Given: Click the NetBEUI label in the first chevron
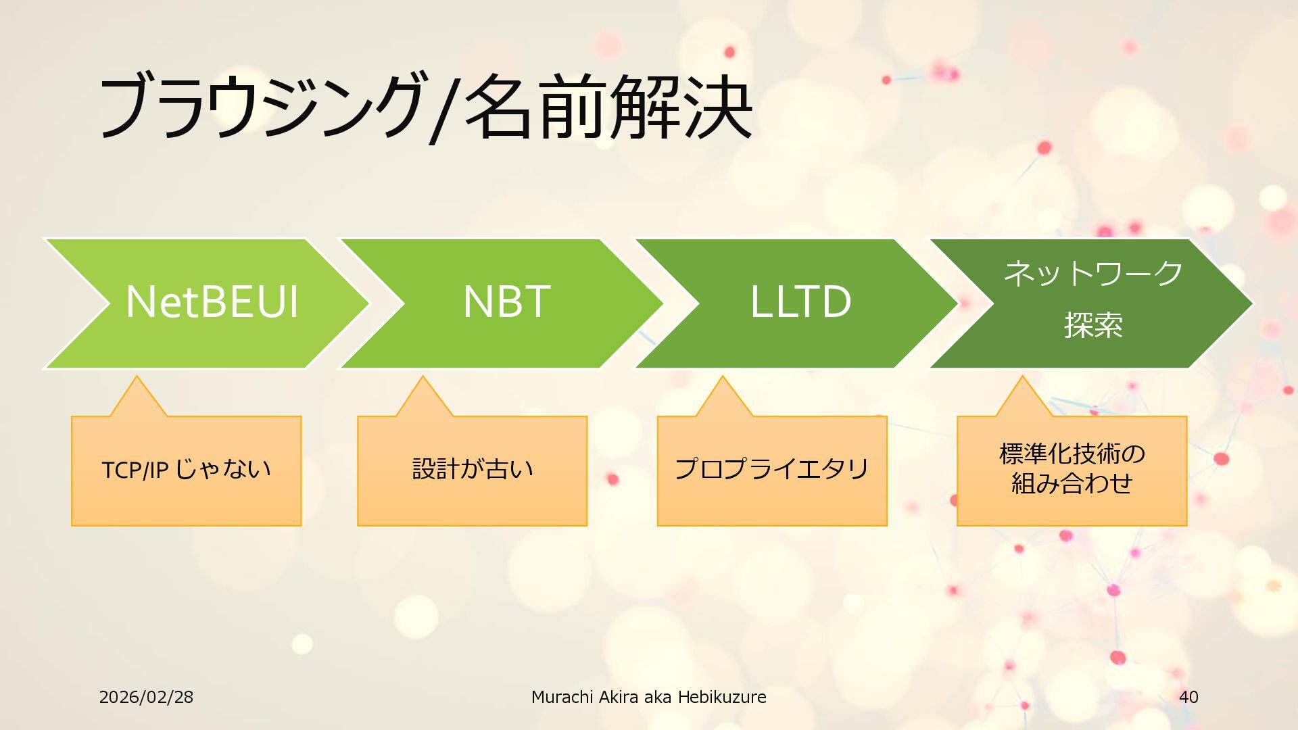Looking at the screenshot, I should coord(212,301).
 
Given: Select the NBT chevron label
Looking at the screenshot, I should coord(506,301).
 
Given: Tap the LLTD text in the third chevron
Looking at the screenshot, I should coord(800,301).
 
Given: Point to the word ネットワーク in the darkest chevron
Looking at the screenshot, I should coord(1093,274).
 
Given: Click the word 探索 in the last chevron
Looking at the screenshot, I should coord(1093,325).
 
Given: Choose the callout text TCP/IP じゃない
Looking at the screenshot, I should coord(186,469).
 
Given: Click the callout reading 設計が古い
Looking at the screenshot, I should coord(472,469).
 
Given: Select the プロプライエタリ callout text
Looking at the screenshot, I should coord(771,469).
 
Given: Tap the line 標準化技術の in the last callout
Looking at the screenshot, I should coord(1072,454).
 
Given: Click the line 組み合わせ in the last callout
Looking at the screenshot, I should coord(1072,484).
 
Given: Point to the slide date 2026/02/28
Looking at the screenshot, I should coord(146,697).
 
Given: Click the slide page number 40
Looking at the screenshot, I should coord(1188,697).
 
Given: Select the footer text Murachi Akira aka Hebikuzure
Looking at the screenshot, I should coord(648,697).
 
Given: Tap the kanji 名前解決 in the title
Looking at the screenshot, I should coord(608,107).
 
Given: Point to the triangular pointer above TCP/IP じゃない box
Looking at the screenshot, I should coord(137,399).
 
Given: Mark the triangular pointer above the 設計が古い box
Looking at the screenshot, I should coord(423,399).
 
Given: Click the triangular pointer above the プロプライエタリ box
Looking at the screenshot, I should coord(723,399).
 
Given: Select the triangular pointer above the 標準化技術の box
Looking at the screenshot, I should coord(1023,399).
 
